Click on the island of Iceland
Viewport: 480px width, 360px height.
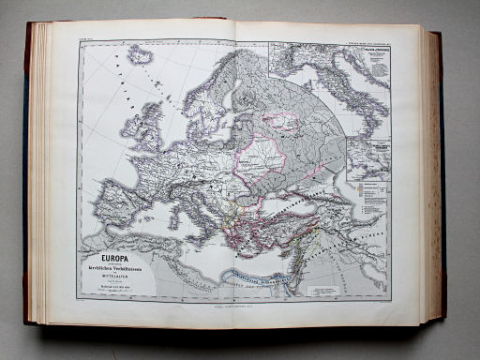point(141,56)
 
